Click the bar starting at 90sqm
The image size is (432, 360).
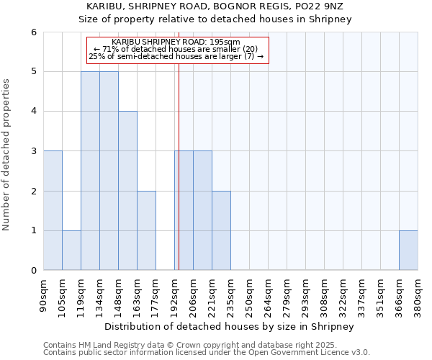click(x=53, y=210)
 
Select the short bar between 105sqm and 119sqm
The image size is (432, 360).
click(x=71, y=251)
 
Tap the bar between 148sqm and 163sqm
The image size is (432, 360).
click(x=127, y=191)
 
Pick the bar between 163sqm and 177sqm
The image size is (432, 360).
click(x=146, y=230)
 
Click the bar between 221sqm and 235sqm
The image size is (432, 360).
click(x=221, y=230)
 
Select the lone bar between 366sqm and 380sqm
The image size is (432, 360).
click(x=408, y=251)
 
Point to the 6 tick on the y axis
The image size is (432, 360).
click(x=33, y=32)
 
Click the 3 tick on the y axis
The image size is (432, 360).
click(x=33, y=151)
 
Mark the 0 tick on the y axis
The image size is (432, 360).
click(x=33, y=270)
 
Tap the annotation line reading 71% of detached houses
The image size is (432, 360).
click(x=176, y=49)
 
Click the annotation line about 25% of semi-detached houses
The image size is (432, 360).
click(x=176, y=56)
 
